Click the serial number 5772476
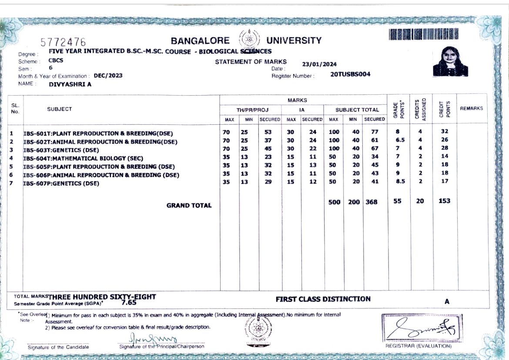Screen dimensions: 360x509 coord(63,42)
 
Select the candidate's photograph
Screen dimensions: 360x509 coord(450,62)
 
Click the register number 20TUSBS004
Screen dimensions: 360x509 coord(350,74)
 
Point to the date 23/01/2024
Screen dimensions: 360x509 coord(319,64)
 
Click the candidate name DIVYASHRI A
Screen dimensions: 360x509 coord(70,84)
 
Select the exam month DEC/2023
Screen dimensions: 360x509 coord(108,75)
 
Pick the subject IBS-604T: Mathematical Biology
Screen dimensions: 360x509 coord(83,158)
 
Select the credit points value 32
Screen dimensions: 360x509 coord(444,131)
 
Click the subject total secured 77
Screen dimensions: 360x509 coord(375,132)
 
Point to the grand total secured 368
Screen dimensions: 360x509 coord(371,202)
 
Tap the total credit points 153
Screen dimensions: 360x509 coord(444,201)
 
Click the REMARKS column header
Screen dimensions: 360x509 coord(471,108)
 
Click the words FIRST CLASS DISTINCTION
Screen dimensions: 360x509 coord(323,299)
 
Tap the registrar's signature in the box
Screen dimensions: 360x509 coord(421,328)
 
